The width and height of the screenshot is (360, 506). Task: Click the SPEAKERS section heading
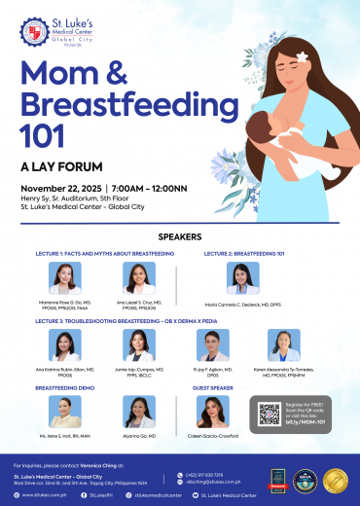coord(179,236)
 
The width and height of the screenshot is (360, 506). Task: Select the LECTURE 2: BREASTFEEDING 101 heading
coord(244,253)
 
